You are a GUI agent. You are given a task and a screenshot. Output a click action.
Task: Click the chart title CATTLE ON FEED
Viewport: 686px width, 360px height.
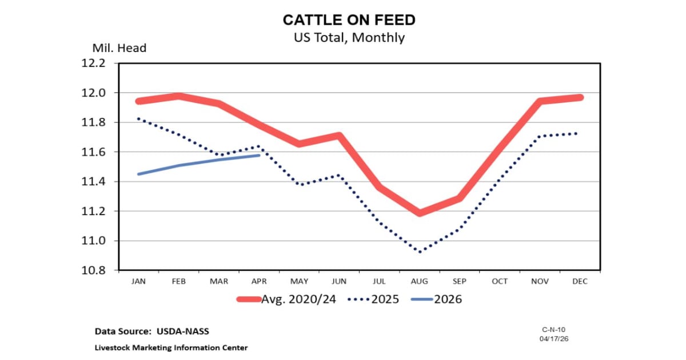[349, 21]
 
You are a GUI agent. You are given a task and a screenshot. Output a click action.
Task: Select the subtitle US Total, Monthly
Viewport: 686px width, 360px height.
[349, 38]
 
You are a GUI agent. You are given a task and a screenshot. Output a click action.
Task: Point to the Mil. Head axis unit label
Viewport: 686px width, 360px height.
[119, 48]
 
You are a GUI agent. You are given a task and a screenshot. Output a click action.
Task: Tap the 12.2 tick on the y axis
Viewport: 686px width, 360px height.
[94, 63]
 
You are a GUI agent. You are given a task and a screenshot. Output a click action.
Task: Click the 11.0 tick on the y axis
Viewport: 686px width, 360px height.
[94, 241]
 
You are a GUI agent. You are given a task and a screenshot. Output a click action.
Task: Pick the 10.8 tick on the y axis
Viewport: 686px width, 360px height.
[94, 270]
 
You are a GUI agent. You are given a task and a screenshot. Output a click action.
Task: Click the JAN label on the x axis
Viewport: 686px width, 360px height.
[138, 281]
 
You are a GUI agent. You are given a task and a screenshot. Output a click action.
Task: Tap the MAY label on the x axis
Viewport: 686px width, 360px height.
[298, 281]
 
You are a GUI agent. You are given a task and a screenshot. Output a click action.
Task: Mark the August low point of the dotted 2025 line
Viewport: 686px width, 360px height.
[421, 252]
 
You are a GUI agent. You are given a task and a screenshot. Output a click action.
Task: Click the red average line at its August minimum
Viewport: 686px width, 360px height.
[421, 213]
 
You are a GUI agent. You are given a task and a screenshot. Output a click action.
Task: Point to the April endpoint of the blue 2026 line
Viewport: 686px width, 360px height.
[260, 155]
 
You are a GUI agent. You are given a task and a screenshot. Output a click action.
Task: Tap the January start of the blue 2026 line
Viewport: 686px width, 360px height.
[138, 174]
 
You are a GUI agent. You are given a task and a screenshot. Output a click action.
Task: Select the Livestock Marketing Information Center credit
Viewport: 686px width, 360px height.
[171, 347]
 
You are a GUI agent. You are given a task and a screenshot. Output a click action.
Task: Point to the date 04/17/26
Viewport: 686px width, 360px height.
[553, 339]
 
